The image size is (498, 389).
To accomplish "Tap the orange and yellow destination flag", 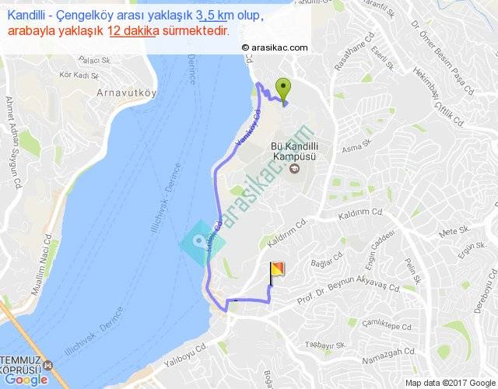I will tap(276, 272).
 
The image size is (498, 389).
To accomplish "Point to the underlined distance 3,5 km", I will tap(216, 16).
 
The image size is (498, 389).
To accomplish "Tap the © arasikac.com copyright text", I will tap(275, 47).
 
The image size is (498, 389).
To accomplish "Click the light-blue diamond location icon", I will tap(202, 244).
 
